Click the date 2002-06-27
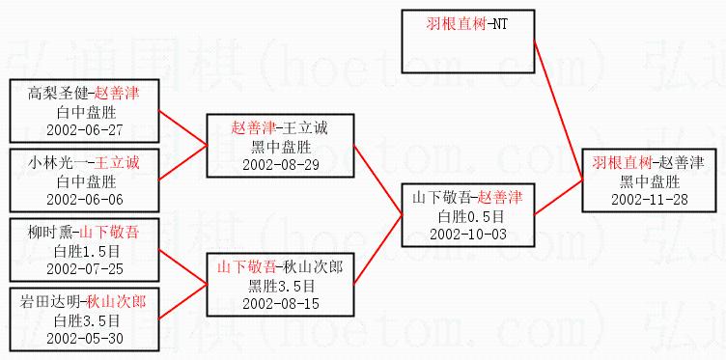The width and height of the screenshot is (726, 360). click(x=85, y=129)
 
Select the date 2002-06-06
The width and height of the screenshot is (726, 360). click(x=85, y=199)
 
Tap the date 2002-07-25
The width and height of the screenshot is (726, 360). click(x=85, y=269)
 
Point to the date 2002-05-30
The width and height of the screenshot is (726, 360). click(x=85, y=338)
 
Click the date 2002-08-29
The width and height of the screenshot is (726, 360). click(x=281, y=165)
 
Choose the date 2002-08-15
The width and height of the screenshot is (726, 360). click(x=281, y=304)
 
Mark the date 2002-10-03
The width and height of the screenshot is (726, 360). click(x=468, y=235)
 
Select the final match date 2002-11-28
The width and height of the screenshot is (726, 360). click(x=649, y=199)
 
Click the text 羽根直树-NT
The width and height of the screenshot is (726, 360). click(x=466, y=24)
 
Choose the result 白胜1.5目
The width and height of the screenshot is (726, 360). click(x=85, y=251)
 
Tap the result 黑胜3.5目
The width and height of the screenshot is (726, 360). click(x=281, y=286)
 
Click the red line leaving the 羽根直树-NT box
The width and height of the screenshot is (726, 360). click(x=558, y=110)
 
